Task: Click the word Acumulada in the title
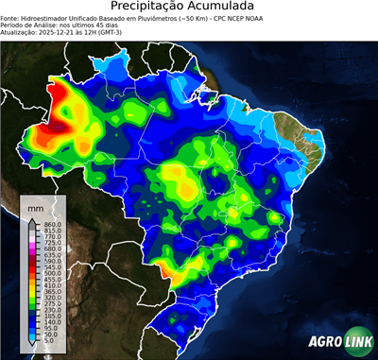226,7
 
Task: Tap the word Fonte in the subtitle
11,18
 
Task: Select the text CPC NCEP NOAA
268,18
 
